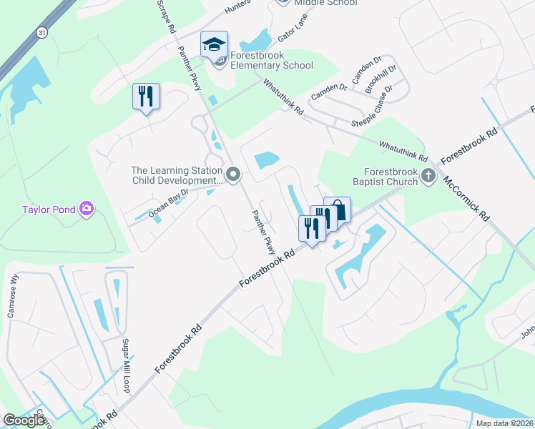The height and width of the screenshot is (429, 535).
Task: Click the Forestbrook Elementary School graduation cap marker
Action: pyautogui.click(x=214, y=45)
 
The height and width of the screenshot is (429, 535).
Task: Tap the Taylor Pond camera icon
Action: pyautogui.click(x=87, y=209)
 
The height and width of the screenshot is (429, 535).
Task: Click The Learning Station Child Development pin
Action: pyautogui.click(x=232, y=174)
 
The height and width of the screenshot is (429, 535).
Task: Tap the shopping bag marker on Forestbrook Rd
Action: pyautogui.click(x=338, y=209)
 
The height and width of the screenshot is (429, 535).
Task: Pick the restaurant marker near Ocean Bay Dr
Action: pyautogui.click(x=146, y=96)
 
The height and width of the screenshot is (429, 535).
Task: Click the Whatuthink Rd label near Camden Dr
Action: pyautogui.click(x=284, y=98)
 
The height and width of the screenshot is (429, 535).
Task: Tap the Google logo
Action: pyautogui.click(x=24, y=420)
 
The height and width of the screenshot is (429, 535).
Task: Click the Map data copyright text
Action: pyautogui.click(x=504, y=423)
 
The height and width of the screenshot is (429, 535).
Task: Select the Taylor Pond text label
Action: pyautogui.click(x=48, y=209)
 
